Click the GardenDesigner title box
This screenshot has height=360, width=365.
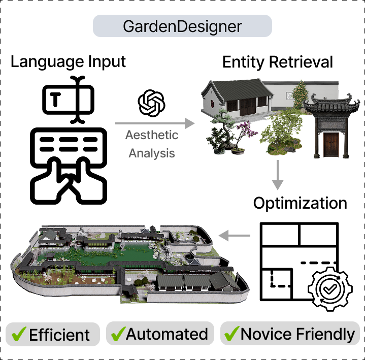(x=182, y=26)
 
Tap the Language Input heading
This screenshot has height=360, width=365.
(x=69, y=62)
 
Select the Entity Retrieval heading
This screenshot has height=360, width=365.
(x=278, y=62)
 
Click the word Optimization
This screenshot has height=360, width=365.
(x=300, y=203)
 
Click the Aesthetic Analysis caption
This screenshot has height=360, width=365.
(x=152, y=144)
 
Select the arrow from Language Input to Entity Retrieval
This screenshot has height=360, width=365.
(x=155, y=123)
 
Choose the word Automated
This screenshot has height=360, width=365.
(x=167, y=335)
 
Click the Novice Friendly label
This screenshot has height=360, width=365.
(x=297, y=335)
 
